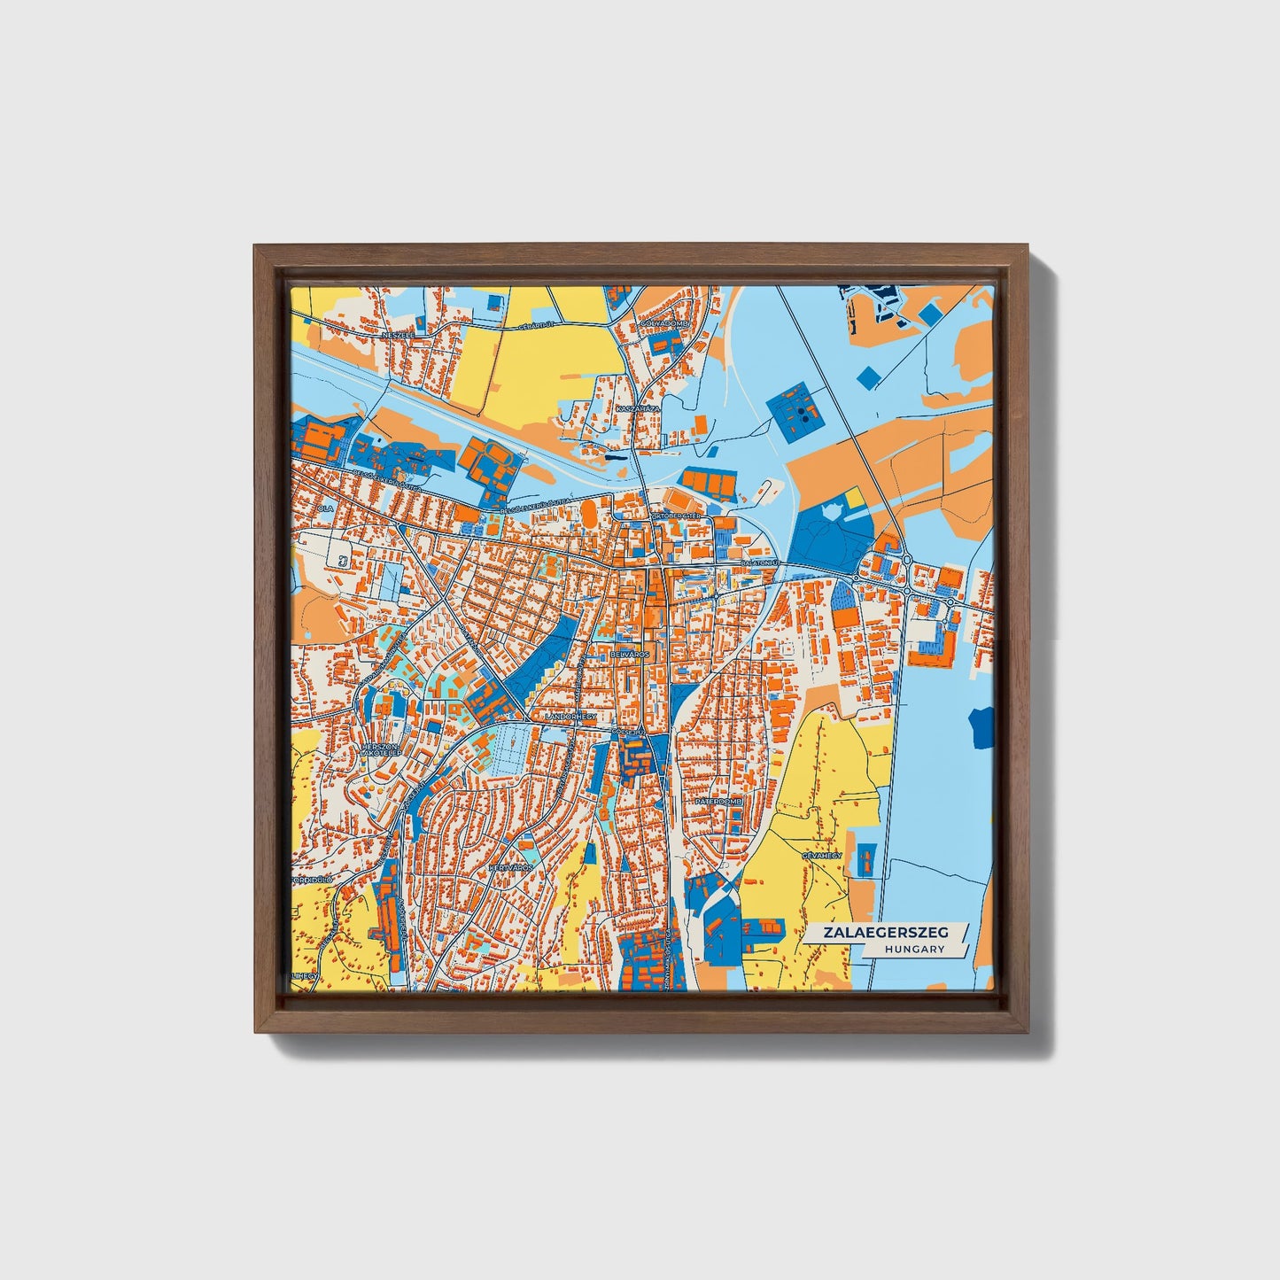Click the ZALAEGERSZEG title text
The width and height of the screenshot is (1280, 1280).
tap(885, 933)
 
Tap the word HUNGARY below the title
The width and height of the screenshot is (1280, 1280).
tap(914, 949)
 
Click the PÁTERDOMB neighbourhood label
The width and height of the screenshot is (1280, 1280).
tap(718, 800)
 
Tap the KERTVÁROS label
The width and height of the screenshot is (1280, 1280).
tap(511, 868)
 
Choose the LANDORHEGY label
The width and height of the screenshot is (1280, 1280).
tap(571, 716)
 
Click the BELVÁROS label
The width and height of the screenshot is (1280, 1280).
tap(630, 654)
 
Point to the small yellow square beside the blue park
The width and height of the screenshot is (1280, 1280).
tap(855, 499)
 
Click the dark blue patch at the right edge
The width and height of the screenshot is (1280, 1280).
tap(981, 727)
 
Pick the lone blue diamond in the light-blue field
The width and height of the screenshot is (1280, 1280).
tap(869, 376)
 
